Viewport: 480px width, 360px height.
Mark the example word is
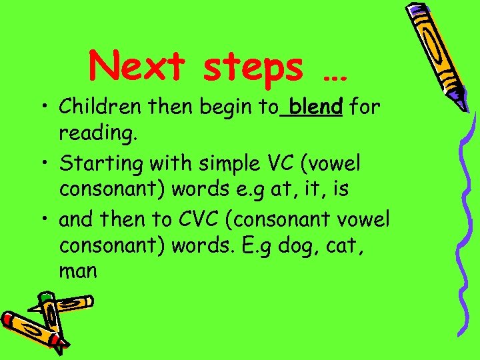click(340, 189)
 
